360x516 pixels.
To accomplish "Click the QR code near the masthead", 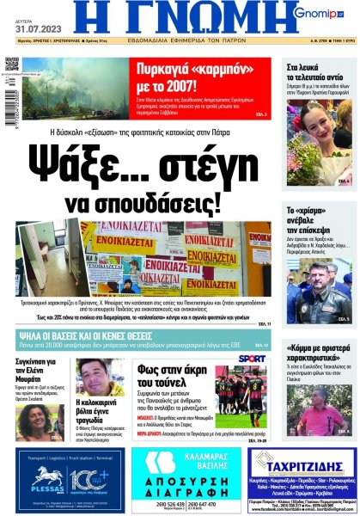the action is tap(11, 64).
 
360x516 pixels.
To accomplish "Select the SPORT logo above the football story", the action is tap(252, 358).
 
